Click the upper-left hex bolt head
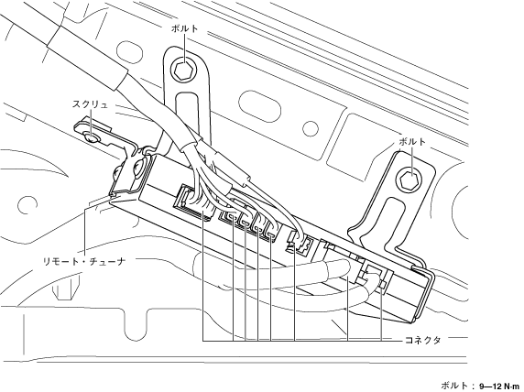[x=182, y=70]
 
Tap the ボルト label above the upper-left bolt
[x=185, y=28]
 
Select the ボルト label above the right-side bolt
[x=413, y=142]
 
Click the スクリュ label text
[x=90, y=104]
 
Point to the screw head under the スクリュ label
[x=90, y=136]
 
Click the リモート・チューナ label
[x=84, y=261]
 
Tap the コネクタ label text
[x=422, y=341]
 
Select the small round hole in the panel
[x=311, y=128]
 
